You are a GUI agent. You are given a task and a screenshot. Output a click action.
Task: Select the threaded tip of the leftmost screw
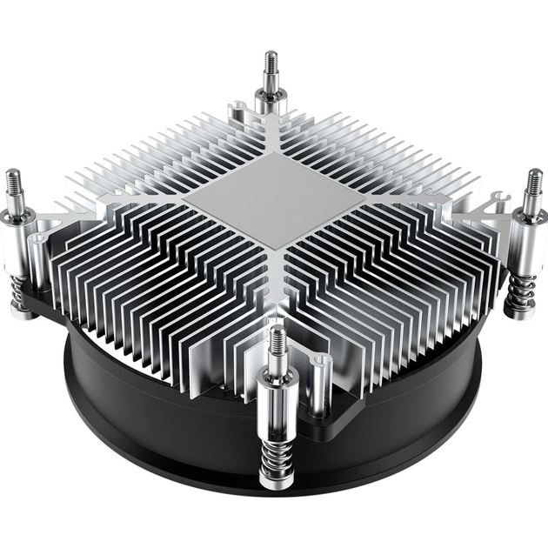[x=15, y=184]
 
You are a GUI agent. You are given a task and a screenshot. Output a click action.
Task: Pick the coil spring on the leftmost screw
[x=19, y=291]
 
